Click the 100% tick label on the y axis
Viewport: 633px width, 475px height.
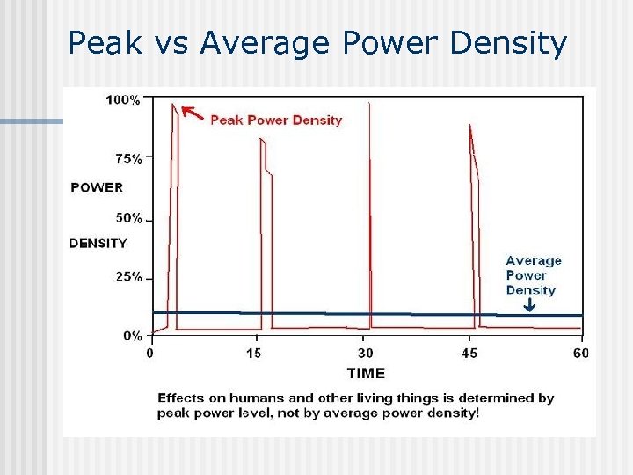(x=122, y=99)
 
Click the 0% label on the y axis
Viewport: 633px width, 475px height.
(x=132, y=335)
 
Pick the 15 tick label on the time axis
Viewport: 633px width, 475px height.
(x=255, y=354)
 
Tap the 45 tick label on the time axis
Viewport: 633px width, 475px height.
(x=470, y=354)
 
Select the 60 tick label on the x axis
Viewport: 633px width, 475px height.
(x=580, y=354)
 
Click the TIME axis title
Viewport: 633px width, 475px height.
(x=365, y=374)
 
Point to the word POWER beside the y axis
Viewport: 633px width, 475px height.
(x=97, y=187)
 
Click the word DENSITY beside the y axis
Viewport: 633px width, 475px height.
(x=98, y=244)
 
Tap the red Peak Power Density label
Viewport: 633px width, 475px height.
(x=276, y=121)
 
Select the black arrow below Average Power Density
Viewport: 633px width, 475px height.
(x=529, y=305)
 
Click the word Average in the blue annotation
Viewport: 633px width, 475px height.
(x=533, y=260)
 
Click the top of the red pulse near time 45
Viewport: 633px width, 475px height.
(x=471, y=128)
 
